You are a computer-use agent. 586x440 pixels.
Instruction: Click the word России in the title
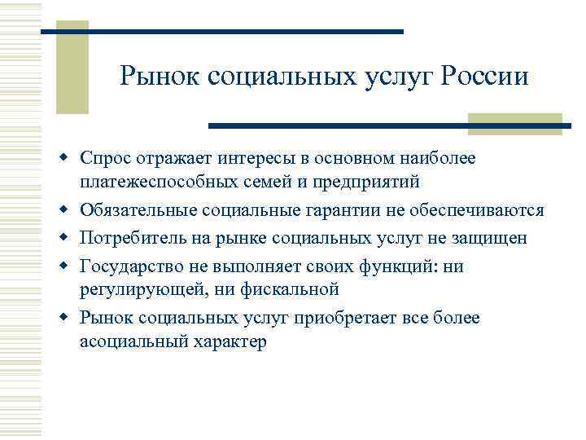pos(485,77)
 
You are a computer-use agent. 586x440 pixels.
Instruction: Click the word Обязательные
pos(133,210)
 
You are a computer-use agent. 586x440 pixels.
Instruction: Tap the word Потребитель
pos(130,238)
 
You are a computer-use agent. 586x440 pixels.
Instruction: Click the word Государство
pos(128,266)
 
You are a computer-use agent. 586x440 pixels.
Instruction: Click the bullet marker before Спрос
pos(72,156)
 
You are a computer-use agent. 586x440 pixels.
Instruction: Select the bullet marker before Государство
pos(72,266)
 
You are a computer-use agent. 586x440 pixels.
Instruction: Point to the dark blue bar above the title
pos(221,32)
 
